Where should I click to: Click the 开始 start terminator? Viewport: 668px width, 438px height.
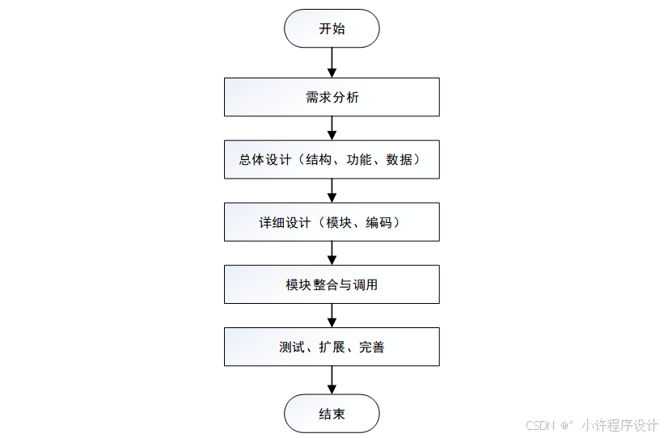pyautogui.click(x=332, y=28)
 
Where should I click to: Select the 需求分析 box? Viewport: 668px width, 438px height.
pyautogui.click(x=332, y=97)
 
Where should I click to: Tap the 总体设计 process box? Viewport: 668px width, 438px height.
pyautogui.click(x=332, y=159)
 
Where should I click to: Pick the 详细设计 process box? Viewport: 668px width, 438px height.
pyautogui.click(x=332, y=221)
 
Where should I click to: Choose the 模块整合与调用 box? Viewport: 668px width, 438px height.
pyautogui.click(x=332, y=284)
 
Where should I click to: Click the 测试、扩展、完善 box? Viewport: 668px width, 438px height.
pyautogui.click(x=332, y=347)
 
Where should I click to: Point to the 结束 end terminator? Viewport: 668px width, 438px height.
pyautogui.click(x=332, y=414)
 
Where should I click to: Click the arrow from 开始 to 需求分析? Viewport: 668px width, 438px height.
pyautogui.click(x=332, y=62)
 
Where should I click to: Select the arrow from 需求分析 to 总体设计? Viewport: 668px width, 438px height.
pyautogui.click(x=332, y=128)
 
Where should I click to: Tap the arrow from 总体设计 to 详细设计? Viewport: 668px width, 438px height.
pyautogui.click(x=332, y=190)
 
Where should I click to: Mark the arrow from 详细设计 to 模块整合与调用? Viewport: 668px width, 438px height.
pyautogui.click(x=332, y=253)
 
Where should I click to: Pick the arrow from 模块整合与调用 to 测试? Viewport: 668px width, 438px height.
pyautogui.click(x=332, y=315)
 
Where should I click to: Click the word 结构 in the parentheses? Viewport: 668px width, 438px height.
pyautogui.click(x=319, y=159)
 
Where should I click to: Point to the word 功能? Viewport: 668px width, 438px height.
pyautogui.click(x=359, y=159)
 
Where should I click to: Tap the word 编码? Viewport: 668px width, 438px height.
pyautogui.click(x=379, y=222)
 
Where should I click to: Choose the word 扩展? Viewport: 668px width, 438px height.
pyautogui.click(x=332, y=347)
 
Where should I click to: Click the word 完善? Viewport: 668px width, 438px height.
pyautogui.click(x=372, y=347)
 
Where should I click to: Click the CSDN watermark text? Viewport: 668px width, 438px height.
pyautogui.click(x=539, y=425)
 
